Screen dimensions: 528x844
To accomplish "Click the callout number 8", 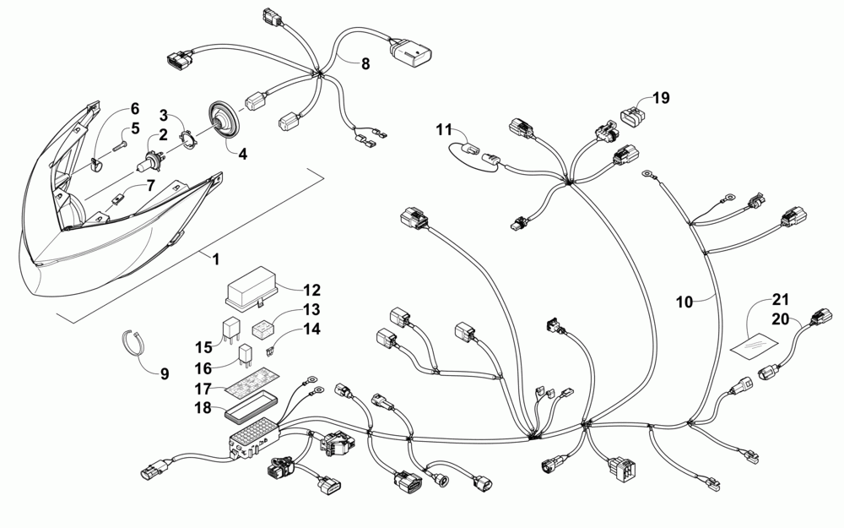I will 365,64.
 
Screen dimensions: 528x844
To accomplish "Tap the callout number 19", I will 660,98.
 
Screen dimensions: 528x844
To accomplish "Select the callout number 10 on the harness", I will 684,301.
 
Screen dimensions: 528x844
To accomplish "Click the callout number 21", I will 779,300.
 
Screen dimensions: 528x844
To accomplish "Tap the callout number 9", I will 165,373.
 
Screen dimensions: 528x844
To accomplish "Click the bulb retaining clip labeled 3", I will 192,135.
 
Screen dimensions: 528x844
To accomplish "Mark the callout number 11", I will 444,129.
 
